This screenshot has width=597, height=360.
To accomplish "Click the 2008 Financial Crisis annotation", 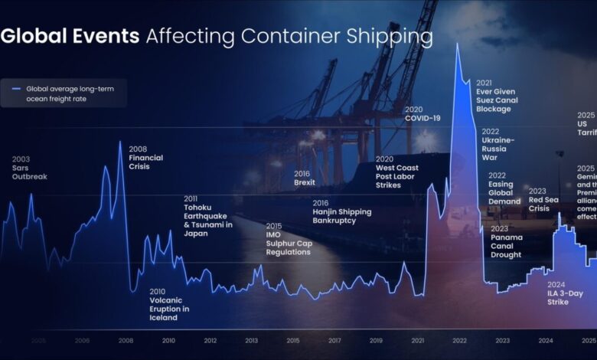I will point(145,158).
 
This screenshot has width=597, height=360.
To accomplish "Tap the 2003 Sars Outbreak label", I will point(29,168).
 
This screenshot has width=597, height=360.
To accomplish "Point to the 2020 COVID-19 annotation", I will point(422,114).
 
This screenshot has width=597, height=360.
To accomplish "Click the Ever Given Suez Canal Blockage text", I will point(497,96).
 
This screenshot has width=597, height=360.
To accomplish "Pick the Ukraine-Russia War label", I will point(498,144).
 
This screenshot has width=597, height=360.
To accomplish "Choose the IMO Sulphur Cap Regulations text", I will point(289,239).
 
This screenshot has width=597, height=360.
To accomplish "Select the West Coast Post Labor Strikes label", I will point(396,172).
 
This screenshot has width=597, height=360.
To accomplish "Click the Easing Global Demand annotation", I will point(504,188).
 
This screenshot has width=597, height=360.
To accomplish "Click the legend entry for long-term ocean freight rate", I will point(65,93).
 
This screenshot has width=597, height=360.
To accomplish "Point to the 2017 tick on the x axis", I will point(334,341).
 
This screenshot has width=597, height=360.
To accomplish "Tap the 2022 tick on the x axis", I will point(459,341).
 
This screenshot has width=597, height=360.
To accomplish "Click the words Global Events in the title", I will point(70,36).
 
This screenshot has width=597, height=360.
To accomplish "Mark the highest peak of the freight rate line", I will point(458,43).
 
